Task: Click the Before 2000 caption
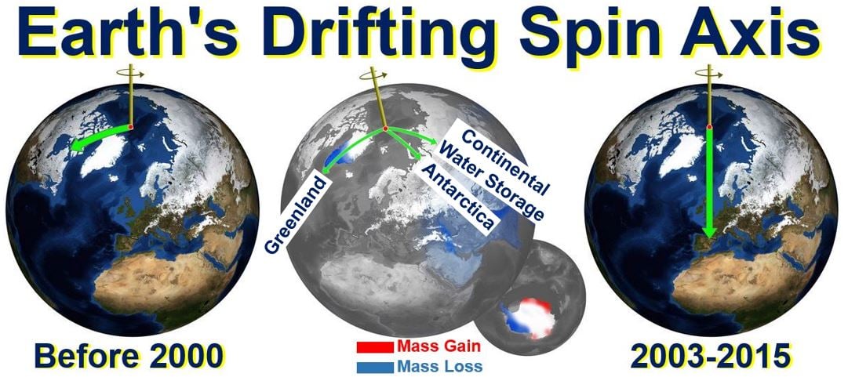pos(129,357)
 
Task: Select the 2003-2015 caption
pos(711,357)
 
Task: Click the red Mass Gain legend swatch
pos(375,346)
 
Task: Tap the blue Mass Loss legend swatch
pos(375,367)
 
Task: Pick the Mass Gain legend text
pos(439,346)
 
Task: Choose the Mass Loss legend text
pos(439,366)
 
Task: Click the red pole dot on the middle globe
pos(385,129)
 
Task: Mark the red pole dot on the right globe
pos(710,128)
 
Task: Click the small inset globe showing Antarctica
pos(532,292)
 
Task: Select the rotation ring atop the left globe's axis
pos(132,72)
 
